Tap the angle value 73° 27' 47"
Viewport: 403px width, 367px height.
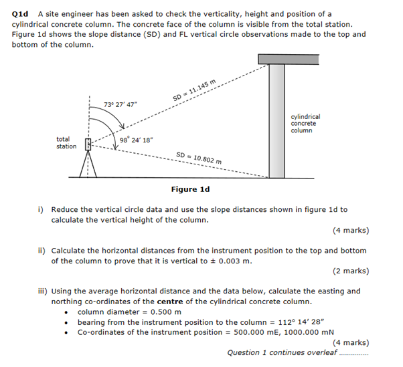(x=121, y=104)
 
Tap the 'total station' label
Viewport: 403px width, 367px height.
(x=66, y=143)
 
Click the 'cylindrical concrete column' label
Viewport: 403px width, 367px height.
(x=305, y=123)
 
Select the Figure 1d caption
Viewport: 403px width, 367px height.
(x=190, y=189)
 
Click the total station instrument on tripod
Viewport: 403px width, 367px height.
(x=88, y=160)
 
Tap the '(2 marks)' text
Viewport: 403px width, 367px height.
(x=350, y=271)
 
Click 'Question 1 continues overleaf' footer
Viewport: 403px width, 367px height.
(x=282, y=352)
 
